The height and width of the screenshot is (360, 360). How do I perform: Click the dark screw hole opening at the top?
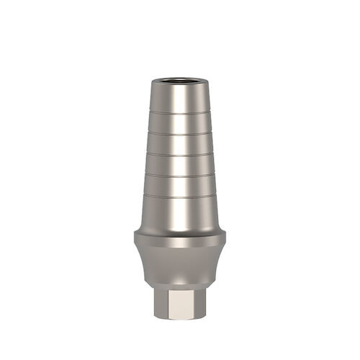click(179, 75)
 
